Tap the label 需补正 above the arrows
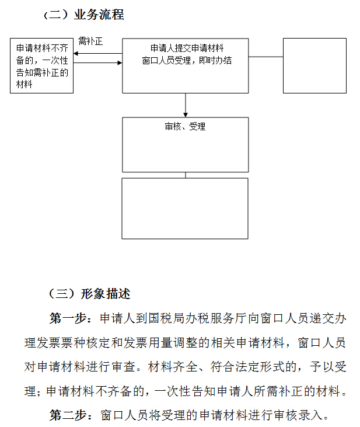tap(90, 41)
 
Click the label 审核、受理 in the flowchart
tap(185, 126)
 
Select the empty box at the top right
tap(314, 65)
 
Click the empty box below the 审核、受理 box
tap(185, 208)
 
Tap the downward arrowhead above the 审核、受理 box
tap(186, 113)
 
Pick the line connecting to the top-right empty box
tap(265, 57)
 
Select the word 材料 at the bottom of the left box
tap(25, 84)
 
